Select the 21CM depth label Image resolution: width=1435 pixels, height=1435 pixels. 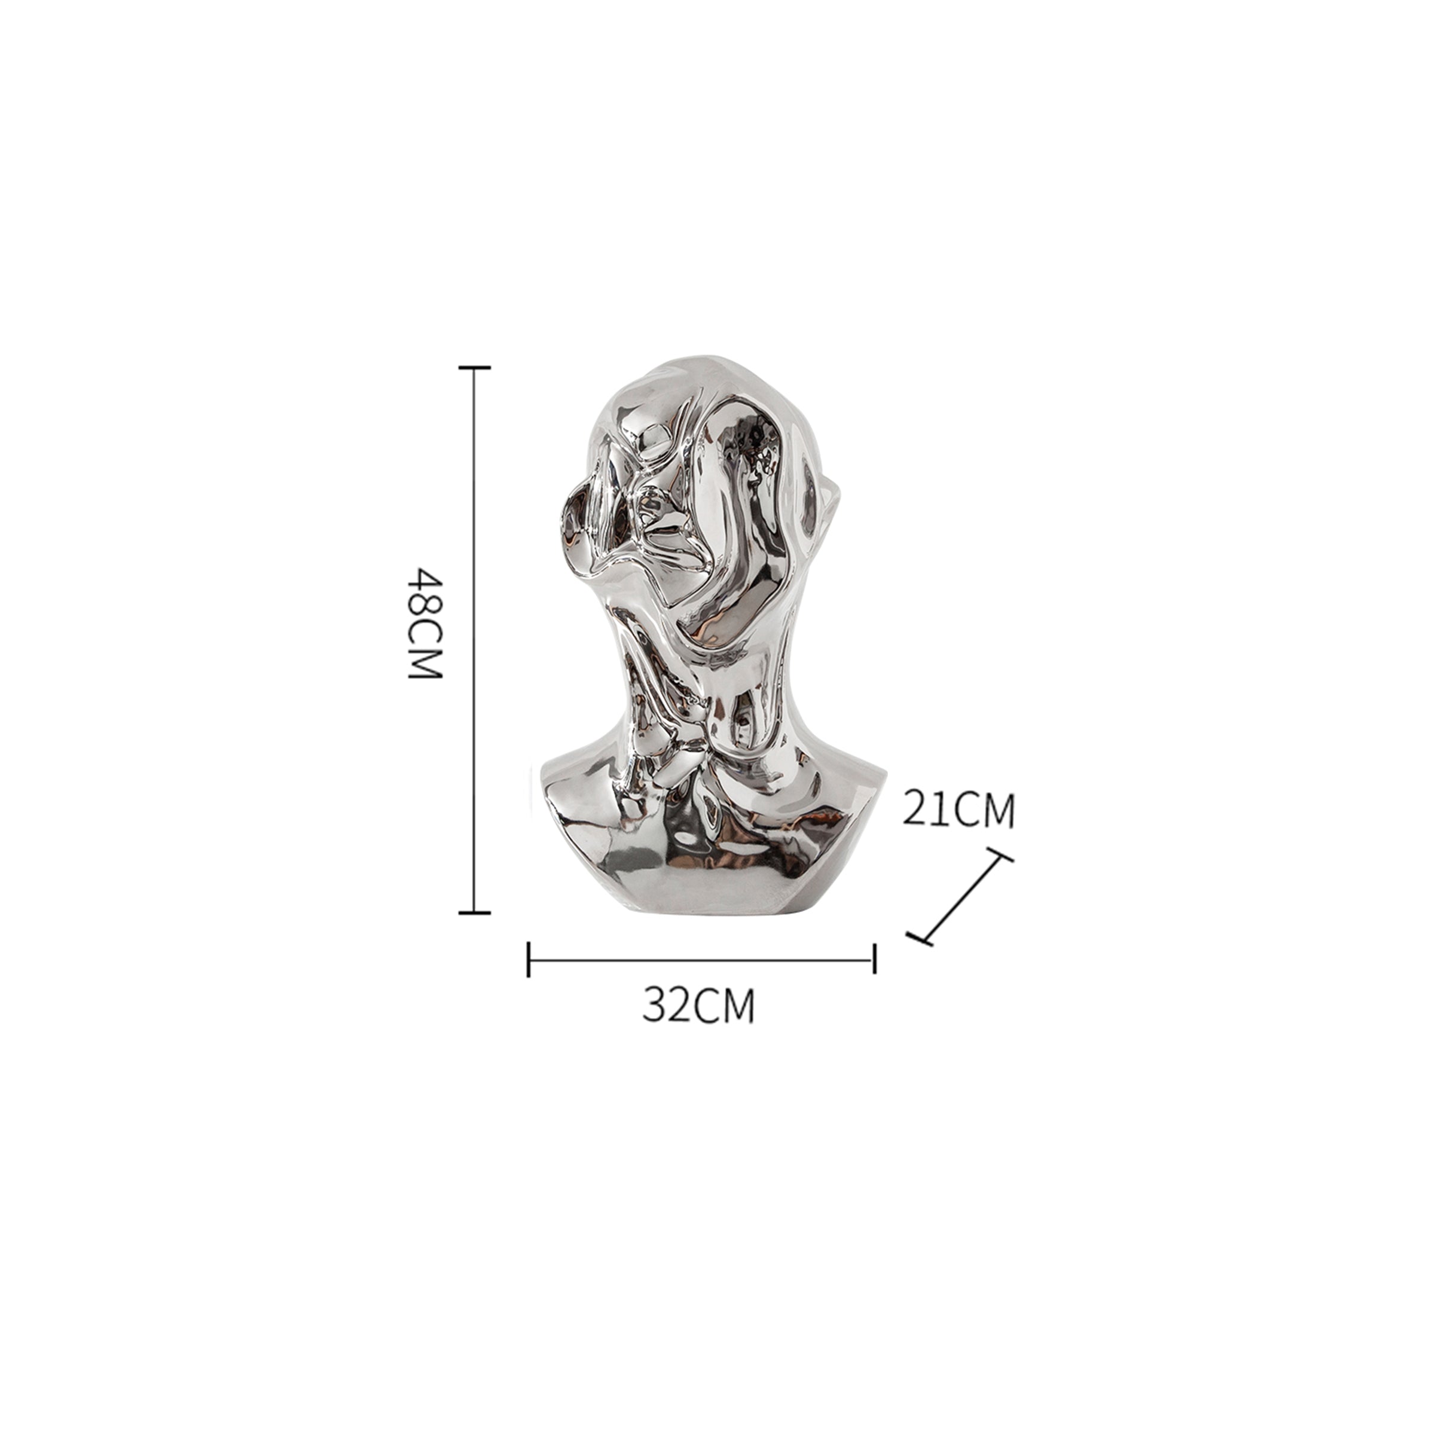[958, 809]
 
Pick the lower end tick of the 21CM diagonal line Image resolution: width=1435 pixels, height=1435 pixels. [920, 939]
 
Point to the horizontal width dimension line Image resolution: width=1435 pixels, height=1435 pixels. [701, 960]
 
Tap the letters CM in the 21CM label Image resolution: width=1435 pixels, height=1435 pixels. [984, 809]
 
